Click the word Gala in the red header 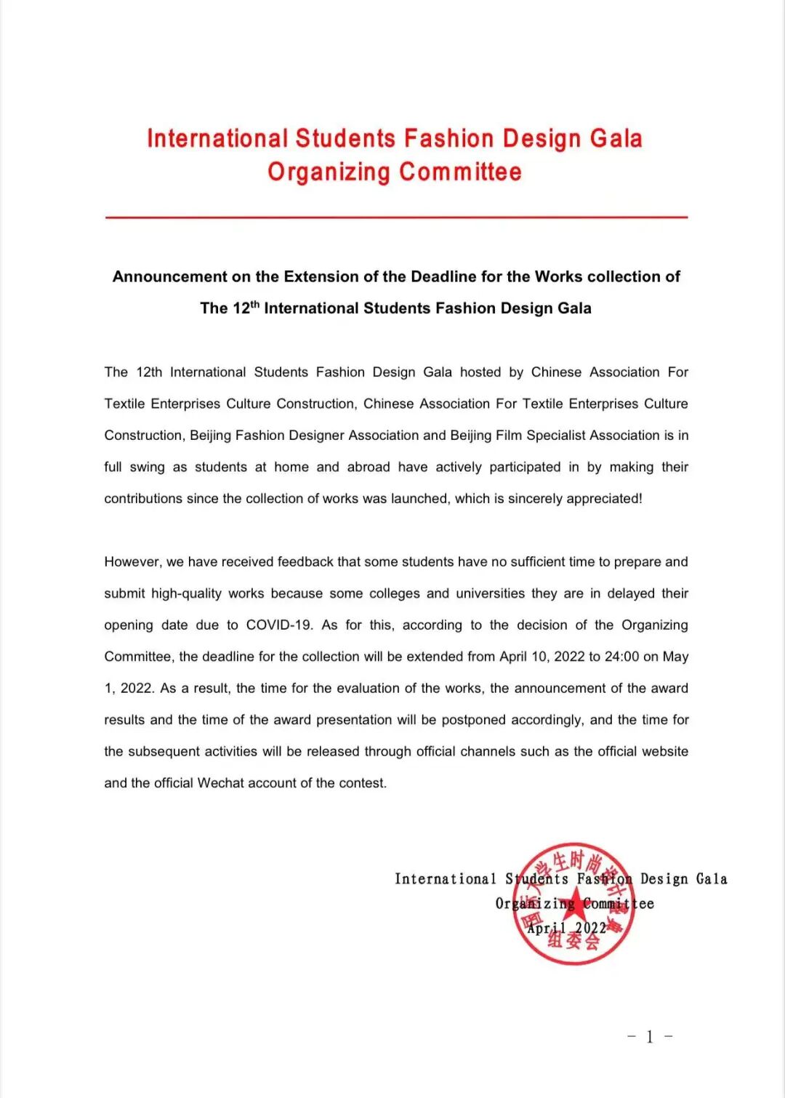(x=616, y=138)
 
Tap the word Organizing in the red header (x=329, y=172)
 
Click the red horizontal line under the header (x=396, y=217)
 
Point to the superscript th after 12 (x=255, y=303)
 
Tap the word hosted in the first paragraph (x=480, y=372)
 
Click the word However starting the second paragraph (x=132, y=562)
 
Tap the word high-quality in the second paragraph (x=186, y=593)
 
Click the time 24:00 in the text (x=621, y=657)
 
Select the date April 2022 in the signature (x=566, y=928)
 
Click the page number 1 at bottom (x=649, y=1037)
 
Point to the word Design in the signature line (x=664, y=879)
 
